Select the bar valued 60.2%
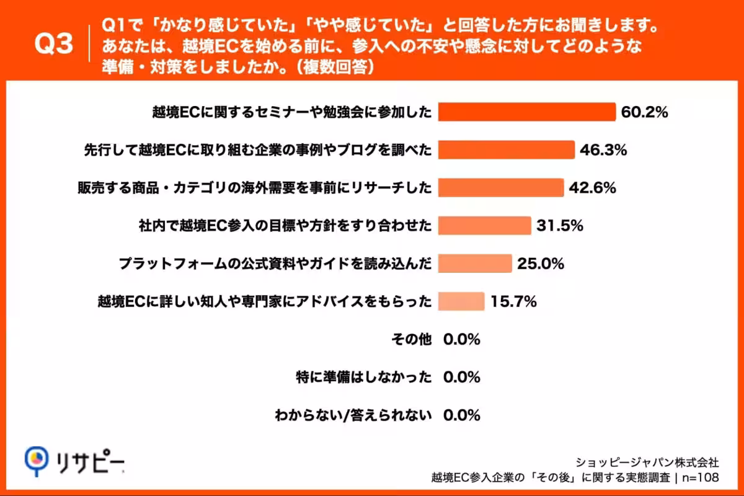coord(527,112)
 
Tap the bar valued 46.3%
coord(507,150)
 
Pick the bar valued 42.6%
coord(501,188)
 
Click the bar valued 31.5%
coord(485,226)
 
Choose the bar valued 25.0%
coord(475,263)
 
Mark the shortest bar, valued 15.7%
coord(461,301)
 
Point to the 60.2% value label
coord(645,112)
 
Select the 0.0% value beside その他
coord(462,340)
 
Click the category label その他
coord(412,340)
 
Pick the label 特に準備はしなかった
coord(364,378)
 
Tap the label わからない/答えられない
coord(353,415)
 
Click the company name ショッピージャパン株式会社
coord(648,462)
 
